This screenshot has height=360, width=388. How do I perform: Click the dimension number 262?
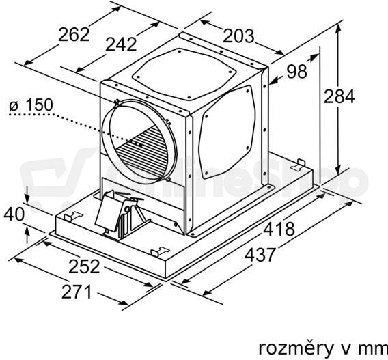(74, 34)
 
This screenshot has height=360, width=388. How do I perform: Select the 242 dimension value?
(122, 44)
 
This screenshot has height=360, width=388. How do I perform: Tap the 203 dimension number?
(238, 36)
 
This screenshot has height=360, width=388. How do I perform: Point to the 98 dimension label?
(296, 72)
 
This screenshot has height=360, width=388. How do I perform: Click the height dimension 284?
(339, 96)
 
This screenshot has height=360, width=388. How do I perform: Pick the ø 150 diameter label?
(31, 105)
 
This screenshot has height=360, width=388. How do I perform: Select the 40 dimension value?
(14, 214)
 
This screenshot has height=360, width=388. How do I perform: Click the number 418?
(279, 229)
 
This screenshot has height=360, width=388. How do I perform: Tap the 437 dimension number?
(260, 255)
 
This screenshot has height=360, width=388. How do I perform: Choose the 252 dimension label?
(84, 266)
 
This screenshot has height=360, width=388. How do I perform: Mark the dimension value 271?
(77, 292)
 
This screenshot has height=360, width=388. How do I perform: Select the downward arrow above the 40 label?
(27, 193)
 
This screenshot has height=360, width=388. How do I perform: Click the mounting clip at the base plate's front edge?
(159, 251)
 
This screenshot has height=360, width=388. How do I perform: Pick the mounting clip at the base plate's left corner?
(72, 217)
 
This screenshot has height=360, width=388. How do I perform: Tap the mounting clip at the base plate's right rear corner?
(299, 165)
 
